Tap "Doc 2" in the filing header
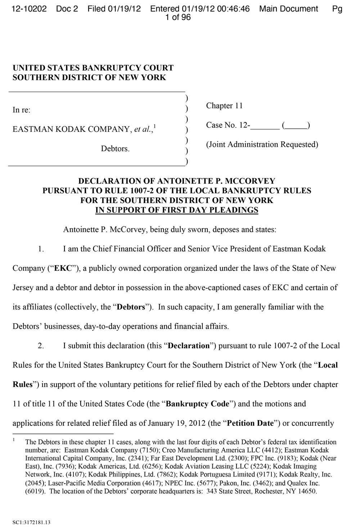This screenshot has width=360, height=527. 67,9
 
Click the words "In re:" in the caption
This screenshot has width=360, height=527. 22,110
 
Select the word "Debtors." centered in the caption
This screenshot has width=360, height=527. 115,148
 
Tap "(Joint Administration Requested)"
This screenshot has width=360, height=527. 262,144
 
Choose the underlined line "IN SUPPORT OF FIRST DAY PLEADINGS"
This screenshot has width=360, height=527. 177,210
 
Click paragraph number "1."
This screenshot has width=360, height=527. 41,249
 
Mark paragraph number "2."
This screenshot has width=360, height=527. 41,346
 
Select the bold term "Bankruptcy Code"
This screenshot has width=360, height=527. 197,404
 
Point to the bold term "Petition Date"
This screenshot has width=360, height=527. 251,423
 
